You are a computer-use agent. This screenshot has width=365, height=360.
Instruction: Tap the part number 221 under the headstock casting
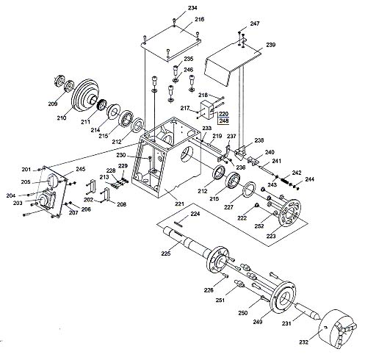pyautogui.click(x=179, y=204)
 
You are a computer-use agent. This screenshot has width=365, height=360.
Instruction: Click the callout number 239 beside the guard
pyautogui.click(x=271, y=45)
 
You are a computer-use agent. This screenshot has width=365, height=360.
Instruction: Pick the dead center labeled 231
pyautogui.click(x=307, y=312)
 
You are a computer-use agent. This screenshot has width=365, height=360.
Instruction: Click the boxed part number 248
pyautogui.click(x=224, y=121)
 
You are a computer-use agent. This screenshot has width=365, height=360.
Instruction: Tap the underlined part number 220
pyautogui.click(x=224, y=114)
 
